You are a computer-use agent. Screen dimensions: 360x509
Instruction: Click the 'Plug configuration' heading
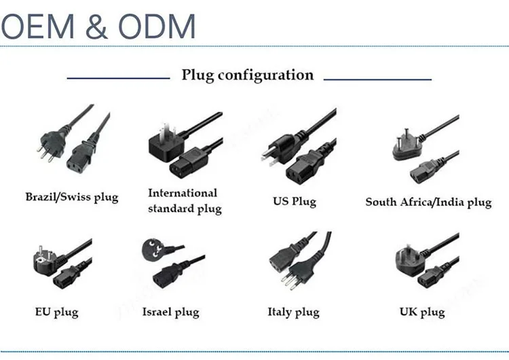pos(248,75)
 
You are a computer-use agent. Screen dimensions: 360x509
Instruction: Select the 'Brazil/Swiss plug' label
pos(72,198)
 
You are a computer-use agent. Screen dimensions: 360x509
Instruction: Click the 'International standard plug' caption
pos(185,201)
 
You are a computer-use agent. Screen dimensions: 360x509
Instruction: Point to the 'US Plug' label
pos(295,202)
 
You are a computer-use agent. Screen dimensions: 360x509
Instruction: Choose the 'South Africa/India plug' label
pos(428,202)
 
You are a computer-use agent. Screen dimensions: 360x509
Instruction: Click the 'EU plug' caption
pos(56,312)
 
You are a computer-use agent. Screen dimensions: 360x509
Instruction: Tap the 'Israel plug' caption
pos(170,312)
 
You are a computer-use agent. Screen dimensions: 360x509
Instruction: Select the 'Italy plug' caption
pos(293,312)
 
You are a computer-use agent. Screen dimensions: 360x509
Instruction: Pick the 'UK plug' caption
pos(422,312)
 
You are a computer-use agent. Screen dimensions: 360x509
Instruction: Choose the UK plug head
pos(409,259)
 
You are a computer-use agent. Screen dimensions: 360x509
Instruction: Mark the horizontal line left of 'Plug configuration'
pos(118,78)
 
